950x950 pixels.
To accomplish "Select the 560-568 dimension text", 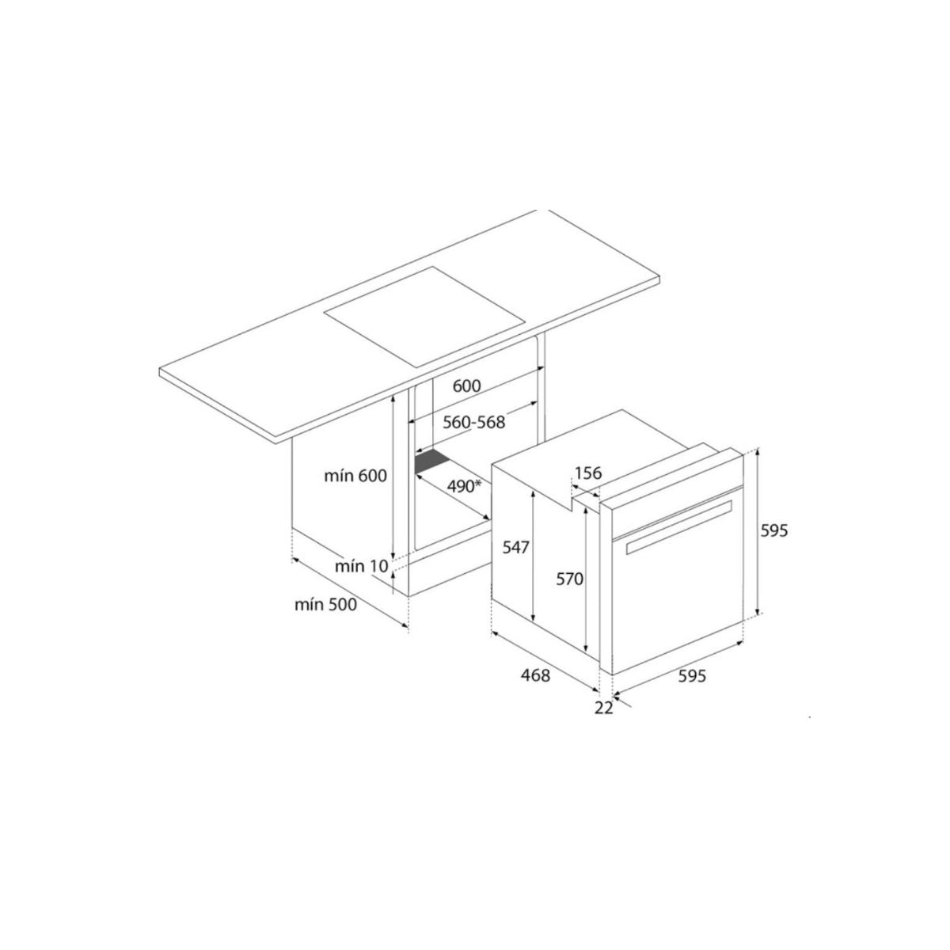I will (473, 422).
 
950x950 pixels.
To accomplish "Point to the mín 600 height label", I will (355, 476).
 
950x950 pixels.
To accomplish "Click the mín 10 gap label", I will (362, 566).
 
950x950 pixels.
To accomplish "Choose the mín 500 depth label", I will (325, 606).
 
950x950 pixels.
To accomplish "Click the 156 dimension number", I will (588, 473).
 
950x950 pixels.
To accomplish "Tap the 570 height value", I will (568, 579).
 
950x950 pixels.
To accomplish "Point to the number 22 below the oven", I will (603, 708).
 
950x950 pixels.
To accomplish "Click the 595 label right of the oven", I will (773, 531).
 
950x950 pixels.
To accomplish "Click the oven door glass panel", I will (677, 602).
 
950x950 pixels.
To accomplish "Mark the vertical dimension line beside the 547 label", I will (534, 554).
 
